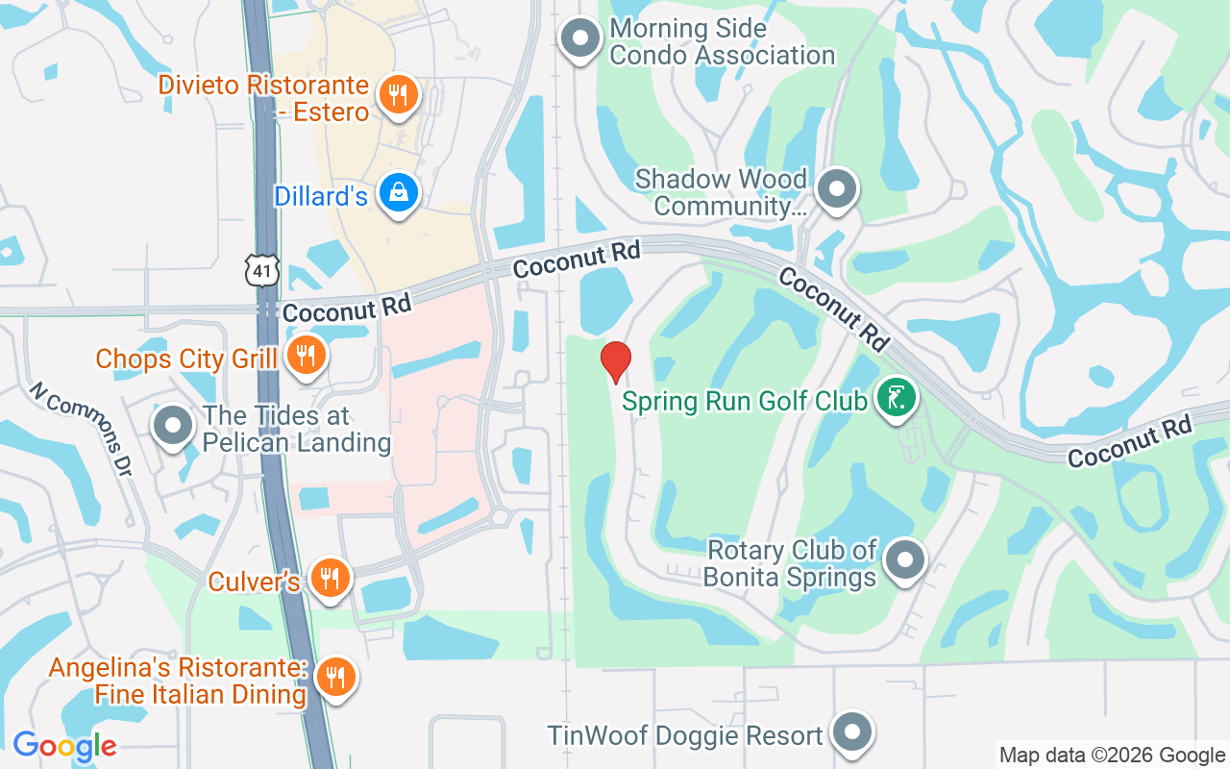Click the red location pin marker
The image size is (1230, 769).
(615, 361)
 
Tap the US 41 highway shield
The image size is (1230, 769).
(262, 271)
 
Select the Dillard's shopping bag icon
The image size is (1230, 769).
(397, 193)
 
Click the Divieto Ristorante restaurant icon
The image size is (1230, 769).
(397, 94)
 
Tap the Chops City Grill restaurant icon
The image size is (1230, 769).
(307, 357)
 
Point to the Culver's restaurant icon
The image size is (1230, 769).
(331, 578)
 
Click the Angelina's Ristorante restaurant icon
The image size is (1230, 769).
(335, 677)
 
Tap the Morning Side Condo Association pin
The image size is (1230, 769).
(580, 38)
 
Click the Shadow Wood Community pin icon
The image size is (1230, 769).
(837, 187)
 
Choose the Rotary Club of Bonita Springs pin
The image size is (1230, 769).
(903, 559)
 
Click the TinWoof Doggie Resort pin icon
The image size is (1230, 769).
(851, 732)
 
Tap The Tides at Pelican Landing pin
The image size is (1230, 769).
(174, 426)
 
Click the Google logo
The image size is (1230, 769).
(64, 746)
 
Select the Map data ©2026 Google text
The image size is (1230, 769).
(1112, 756)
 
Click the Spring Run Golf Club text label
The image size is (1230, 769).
(745, 401)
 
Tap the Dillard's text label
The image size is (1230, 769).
(321, 196)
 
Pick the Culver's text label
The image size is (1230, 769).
(255, 582)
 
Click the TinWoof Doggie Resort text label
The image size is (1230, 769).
(685, 735)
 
